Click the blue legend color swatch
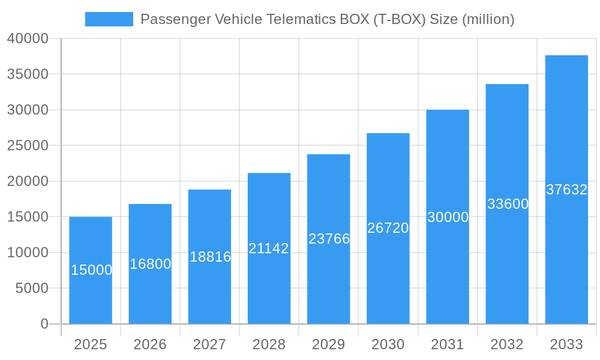pos(109,19)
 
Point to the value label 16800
pos(151,264)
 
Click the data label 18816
pos(210,257)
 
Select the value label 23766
pos(329,239)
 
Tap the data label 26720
pos(388,228)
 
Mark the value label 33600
pos(508,204)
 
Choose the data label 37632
pos(566,190)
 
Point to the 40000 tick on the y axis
pos(28,38)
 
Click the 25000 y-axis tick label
pos(28,145)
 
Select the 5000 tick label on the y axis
pos(31,288)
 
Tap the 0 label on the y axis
pos(44,324)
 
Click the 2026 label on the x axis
pos(150,344)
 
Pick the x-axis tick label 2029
pos(329,344)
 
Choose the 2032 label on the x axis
pos(507,344)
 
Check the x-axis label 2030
pos(388,344)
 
